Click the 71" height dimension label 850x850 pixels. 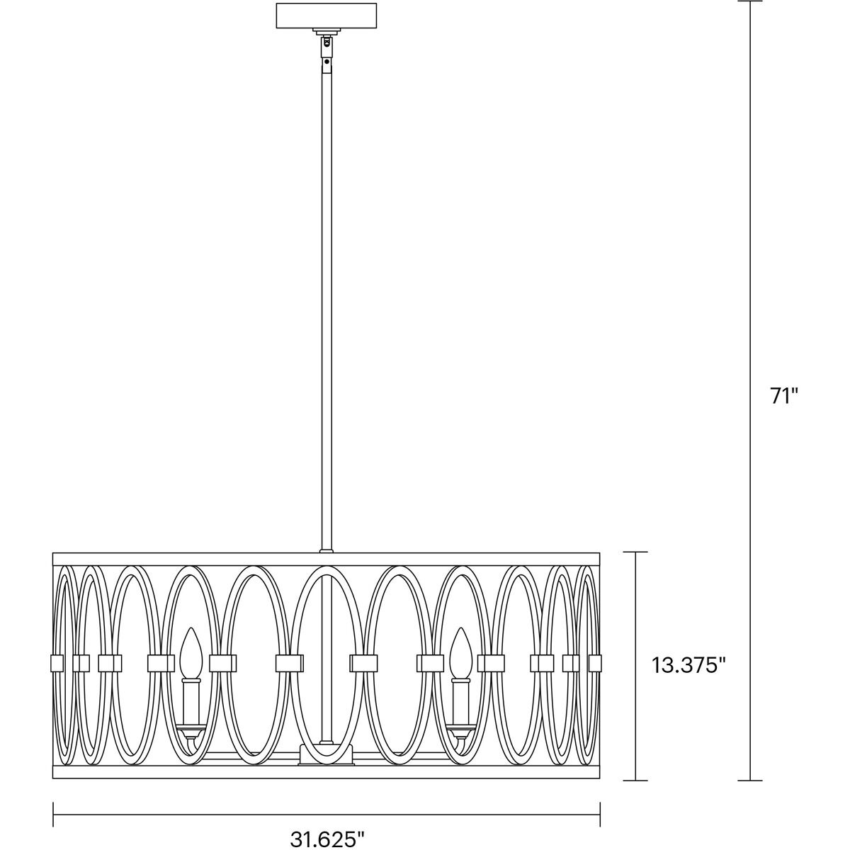784,396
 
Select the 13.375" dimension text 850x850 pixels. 688,664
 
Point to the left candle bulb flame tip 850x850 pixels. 188,631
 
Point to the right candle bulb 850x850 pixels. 461,652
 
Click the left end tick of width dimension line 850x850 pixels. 54,810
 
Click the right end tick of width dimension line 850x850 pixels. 600,810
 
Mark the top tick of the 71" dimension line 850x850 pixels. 750,1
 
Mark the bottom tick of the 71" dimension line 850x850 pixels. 750,781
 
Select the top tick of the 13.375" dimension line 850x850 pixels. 635,552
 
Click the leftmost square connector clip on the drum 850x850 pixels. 57,663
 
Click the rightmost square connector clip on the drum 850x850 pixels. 594,663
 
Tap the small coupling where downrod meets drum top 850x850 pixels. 326,550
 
